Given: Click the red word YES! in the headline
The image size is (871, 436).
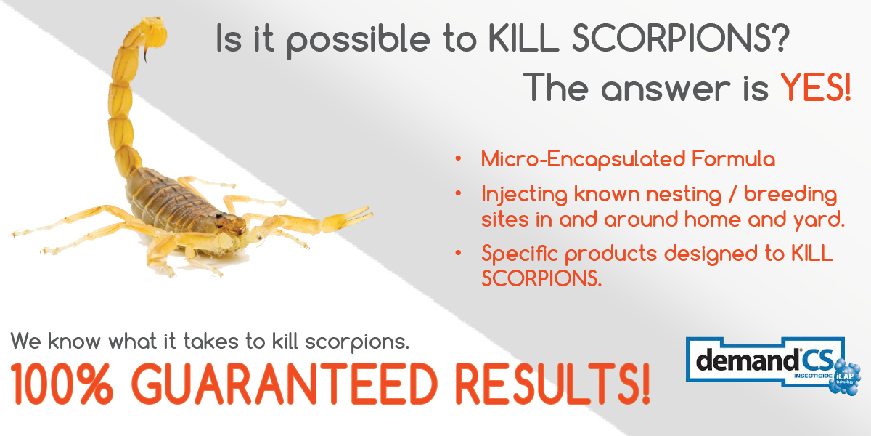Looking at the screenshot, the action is (x=815, y=87).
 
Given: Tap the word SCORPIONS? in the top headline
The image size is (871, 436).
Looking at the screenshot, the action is (x=681, y=38).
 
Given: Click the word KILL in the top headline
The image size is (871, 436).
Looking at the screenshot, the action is (x=523, y=38).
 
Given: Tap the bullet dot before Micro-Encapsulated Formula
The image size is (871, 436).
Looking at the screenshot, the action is (x=458, y=159).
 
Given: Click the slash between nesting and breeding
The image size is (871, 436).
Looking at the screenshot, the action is (x=732, y=194).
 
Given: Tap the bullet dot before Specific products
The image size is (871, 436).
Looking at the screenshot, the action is (x=458, y=253).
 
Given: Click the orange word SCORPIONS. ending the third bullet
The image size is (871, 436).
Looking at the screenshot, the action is (x=541, y=278).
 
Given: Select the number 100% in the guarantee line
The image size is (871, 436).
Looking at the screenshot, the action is (x=62, y=384).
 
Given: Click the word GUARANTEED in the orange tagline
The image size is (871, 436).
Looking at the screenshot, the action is (x=287, y=384).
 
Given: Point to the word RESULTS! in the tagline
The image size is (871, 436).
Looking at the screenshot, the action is (x=552, y=384).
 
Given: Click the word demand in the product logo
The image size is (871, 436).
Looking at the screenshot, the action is (x=747, y=360).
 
